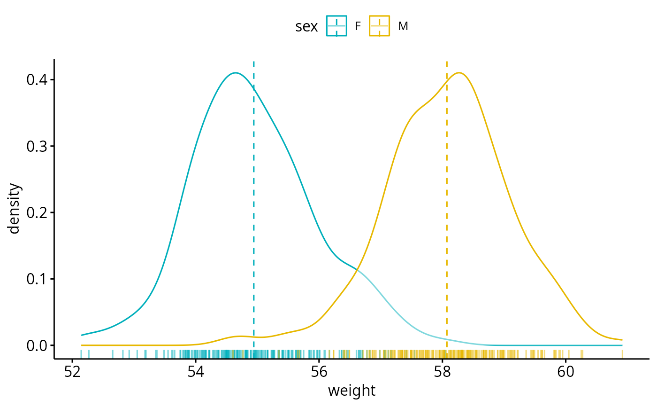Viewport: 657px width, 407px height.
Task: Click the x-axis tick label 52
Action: point(72,372)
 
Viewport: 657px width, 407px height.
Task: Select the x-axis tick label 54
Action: point(196,372)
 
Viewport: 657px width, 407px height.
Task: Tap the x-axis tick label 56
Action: point(319,372)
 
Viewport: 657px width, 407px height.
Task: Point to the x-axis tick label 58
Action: point(442,372)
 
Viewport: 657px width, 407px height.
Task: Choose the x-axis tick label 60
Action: point(565,372)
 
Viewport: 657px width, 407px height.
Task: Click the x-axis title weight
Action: point(351,391)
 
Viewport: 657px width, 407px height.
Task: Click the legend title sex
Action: point(306,27)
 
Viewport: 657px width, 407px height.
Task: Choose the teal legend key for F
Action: point(336,26)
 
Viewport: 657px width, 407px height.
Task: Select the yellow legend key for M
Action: point(379,26)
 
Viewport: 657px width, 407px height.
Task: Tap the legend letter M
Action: point(403,27)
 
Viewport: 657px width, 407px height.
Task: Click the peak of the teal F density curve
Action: point(236,73)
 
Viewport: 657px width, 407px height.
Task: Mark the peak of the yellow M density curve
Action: point(459,73)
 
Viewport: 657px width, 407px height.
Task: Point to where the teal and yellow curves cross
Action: point(357,270)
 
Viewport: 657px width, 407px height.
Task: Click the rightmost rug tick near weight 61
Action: point(622,353)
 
